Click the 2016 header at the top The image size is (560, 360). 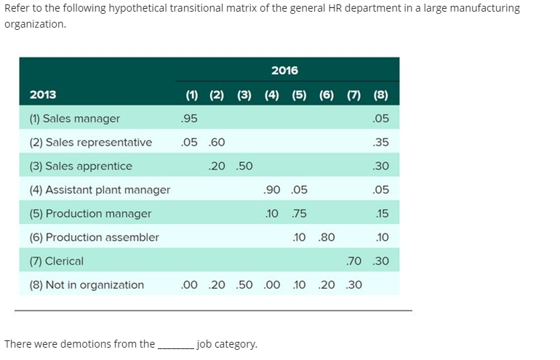click(x=284, y=70)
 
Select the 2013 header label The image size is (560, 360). click(x=43, y=95)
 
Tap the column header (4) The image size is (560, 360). click(x=271, y=95)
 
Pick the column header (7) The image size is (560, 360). click(x=354, y=95)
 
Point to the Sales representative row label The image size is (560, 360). click(x=90, y=142)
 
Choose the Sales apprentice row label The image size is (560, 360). click(x=80, y=166)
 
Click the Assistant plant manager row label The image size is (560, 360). click(x=100, y=190)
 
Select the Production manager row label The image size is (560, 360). click(x=90, y=213)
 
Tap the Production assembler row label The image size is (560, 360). click(x=94, y=237)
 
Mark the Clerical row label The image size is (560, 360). click(x=56, y=260)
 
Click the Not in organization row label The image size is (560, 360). click(x=87, y=284)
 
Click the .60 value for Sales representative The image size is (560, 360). click(x=217, y=142)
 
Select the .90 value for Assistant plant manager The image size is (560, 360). click(x=272, y=190)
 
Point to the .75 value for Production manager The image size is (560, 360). click(x=298, y=213)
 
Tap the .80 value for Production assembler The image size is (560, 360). click(x=327, y=237)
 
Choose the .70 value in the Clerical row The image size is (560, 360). click(x=354, y=260)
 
